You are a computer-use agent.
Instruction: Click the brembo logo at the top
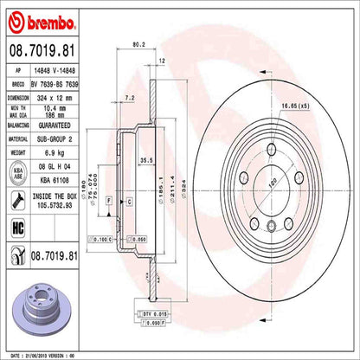point(42,20)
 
